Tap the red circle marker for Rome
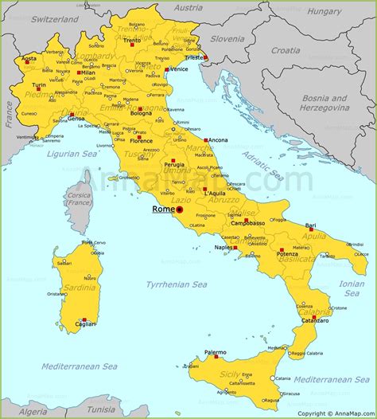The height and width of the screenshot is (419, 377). click(x=179, y=210)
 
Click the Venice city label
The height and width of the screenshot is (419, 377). click(x=179, y=69)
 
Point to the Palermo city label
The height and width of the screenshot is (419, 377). click(x=215, y=352)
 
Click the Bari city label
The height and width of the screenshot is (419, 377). click(x=310, y=225)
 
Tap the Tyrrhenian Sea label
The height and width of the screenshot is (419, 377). click(x=176, y=284)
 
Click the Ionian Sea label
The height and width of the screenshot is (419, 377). click(x=352, y=288)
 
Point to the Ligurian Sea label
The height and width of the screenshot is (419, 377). click(x=71, y=154)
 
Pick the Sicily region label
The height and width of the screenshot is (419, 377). click(x=230, y=373)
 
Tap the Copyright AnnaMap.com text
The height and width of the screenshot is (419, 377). click(x=335, y=413)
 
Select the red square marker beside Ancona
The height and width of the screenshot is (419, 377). click(x=204, y=139)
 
